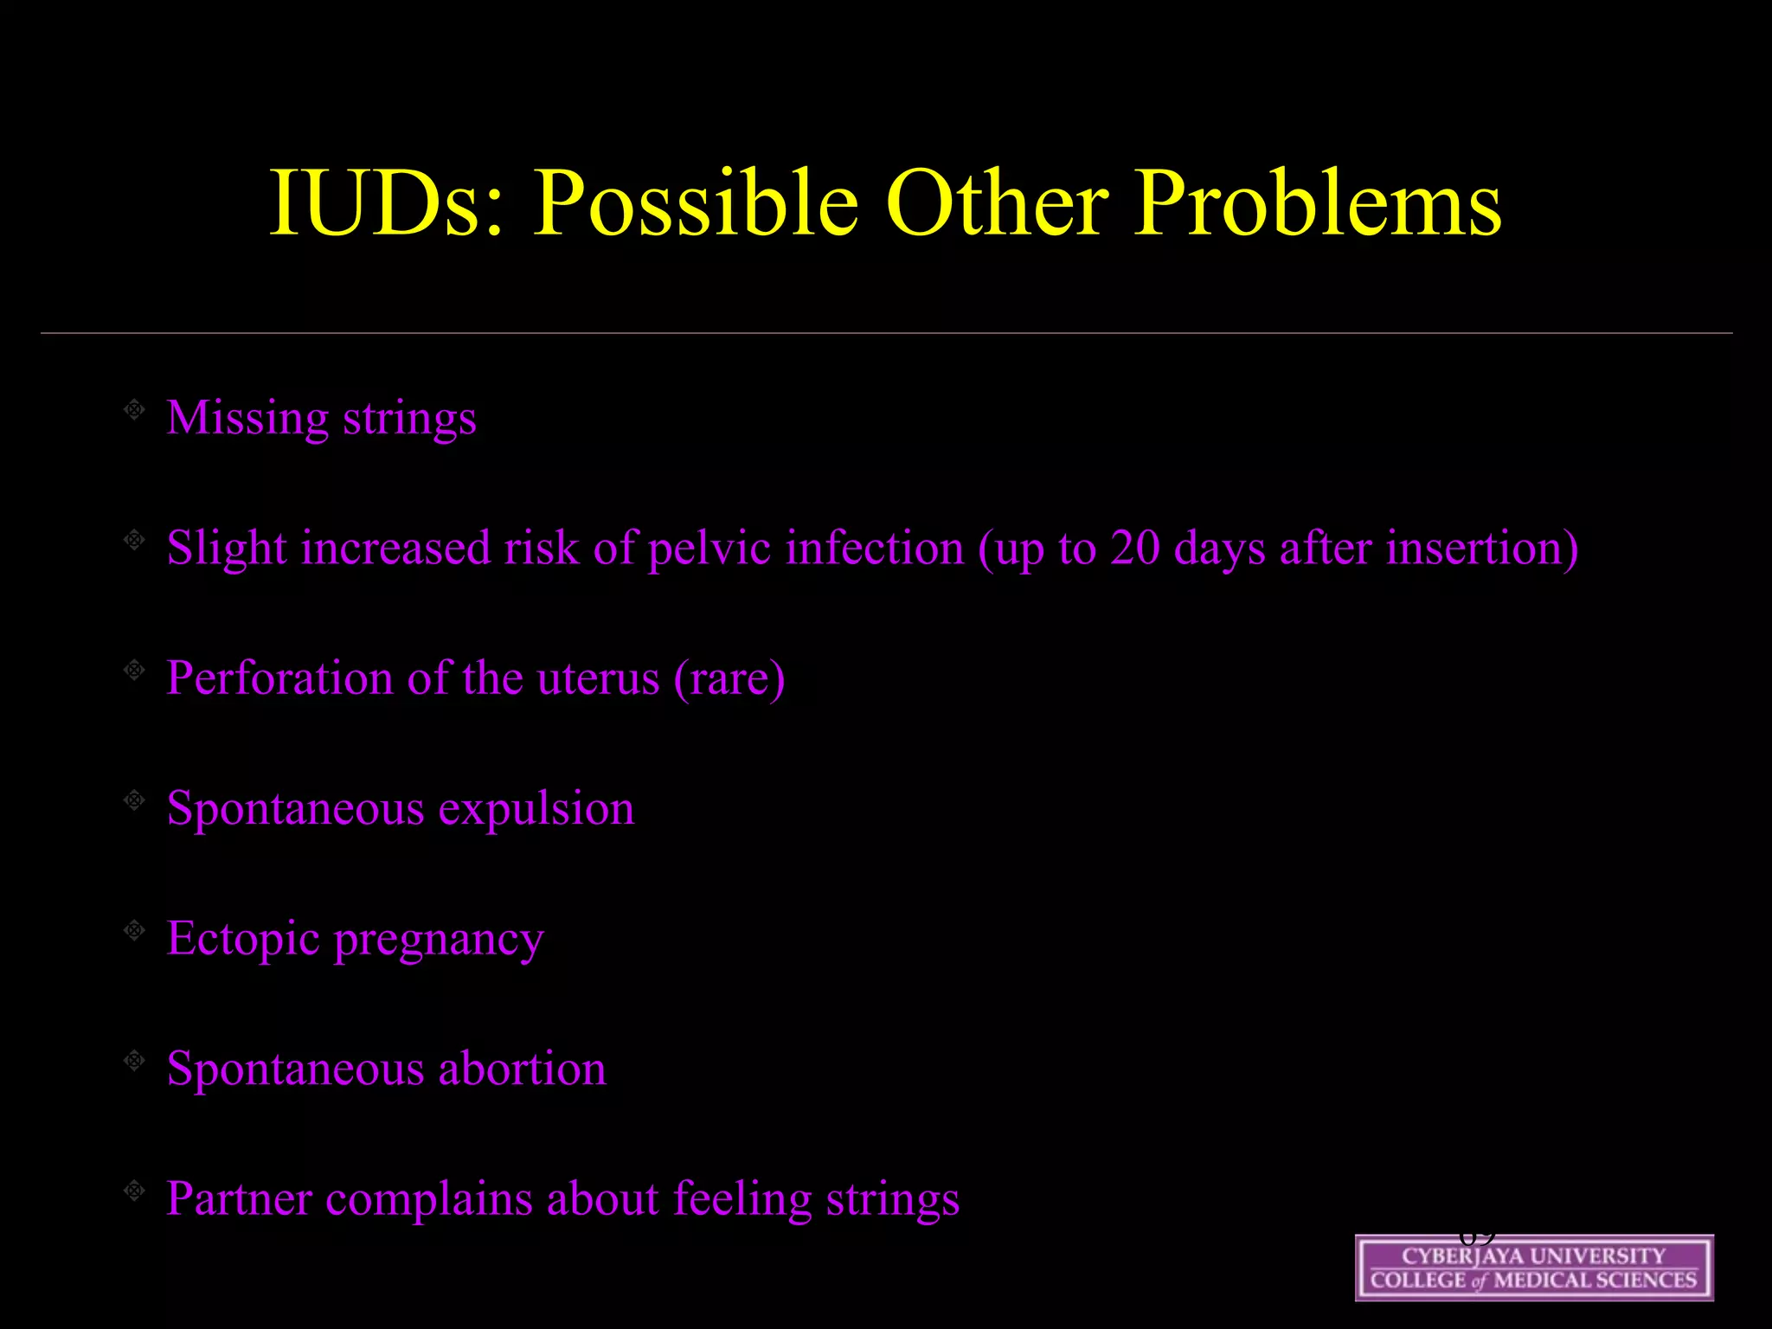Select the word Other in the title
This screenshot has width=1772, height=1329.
[x=996, y=203]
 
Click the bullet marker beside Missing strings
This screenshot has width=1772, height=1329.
[x=134, y=410]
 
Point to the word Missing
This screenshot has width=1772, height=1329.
[x=247, y=419]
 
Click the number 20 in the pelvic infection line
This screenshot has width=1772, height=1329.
[x=1134, y=549]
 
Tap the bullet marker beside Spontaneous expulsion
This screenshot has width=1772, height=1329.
[x=134, y=800]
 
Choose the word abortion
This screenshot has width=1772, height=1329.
[x=522, y=1069]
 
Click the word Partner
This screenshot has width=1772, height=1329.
[x=239, y=1199]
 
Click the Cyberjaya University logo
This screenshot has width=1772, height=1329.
[x=1533, y=1268]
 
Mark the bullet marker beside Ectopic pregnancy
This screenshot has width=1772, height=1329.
[x=134, y=931]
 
